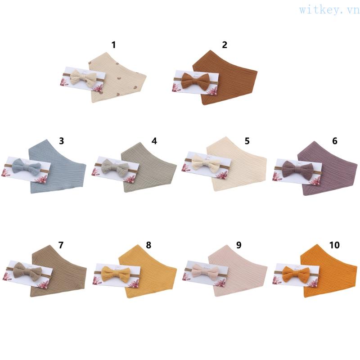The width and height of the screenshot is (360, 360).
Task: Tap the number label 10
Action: point(334,245)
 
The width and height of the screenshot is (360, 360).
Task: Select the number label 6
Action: point(334,141)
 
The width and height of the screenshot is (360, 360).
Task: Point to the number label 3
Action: point(62,141)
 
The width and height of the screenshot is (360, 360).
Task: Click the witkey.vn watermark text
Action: point(327,10)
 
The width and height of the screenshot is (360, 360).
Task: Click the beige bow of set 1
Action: point(84,78)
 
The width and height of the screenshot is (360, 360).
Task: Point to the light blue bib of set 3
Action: point(58,171)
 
